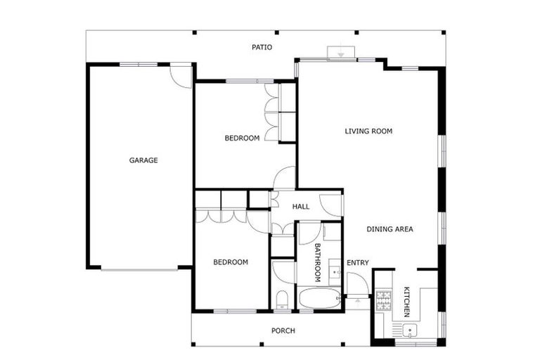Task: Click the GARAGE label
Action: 143,160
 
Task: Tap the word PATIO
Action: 262,48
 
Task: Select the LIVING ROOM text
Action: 368,131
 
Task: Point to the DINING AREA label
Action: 390,229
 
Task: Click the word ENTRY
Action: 358,263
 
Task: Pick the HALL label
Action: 301,206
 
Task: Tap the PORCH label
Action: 283,330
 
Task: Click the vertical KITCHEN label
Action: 406,301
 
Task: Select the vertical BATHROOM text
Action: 317,262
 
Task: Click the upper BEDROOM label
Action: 242,138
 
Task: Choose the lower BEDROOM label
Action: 231,262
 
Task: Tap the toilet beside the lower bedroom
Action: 282,300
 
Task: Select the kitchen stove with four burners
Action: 383,301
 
